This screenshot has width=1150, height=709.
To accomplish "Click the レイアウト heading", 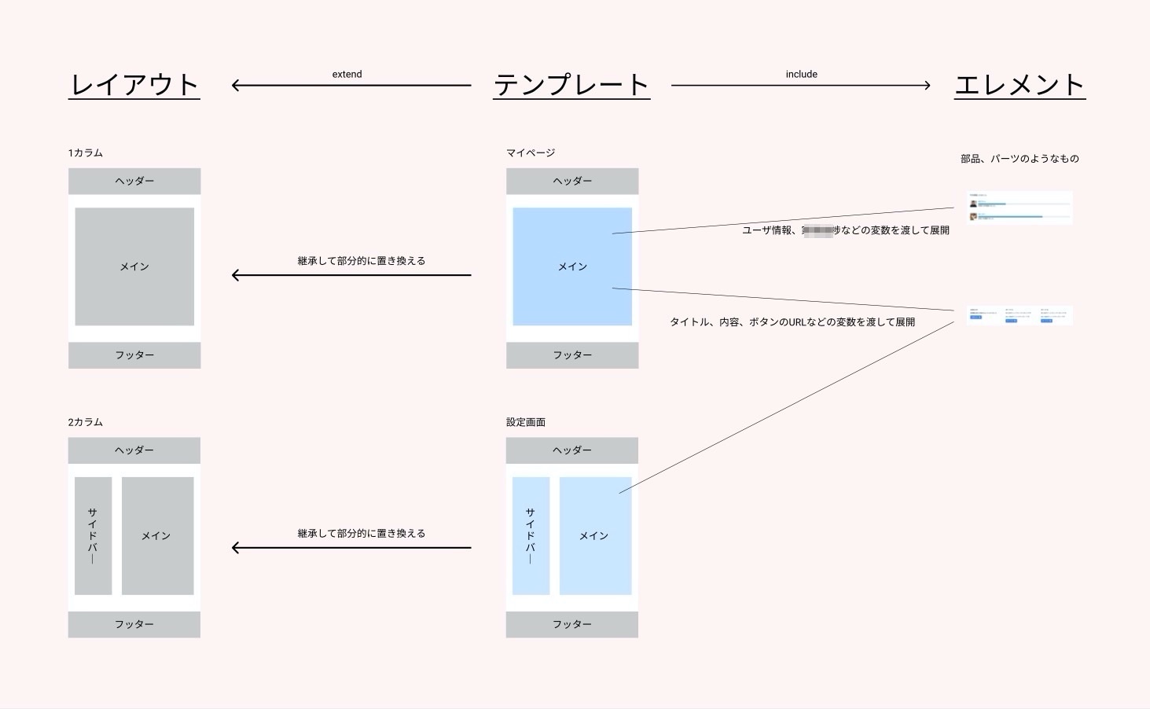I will coord(134,85).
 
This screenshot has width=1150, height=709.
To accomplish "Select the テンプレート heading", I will coord(571,85).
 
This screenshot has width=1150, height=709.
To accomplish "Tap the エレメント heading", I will coord(1020,85).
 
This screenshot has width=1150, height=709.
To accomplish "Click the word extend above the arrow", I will coord(347,75).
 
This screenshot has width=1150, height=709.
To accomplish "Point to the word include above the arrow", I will coord(801,75).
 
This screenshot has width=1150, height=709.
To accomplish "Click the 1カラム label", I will coord(86,152).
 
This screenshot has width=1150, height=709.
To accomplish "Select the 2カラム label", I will coord(86,422).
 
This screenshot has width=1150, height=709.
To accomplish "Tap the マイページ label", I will coord(531,152).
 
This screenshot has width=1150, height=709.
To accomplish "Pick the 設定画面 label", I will coord(526,422).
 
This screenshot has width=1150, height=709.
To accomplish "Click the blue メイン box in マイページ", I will coord(572,266).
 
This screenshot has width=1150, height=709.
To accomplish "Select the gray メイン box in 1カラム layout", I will coord(134,266).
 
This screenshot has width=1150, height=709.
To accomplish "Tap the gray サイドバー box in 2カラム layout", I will coord(93,535).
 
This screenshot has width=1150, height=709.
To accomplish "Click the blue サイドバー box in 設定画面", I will coord(531,535).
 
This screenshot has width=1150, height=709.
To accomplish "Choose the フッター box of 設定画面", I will coord(571,624).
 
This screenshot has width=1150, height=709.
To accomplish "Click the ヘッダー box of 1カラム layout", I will coord(134,181).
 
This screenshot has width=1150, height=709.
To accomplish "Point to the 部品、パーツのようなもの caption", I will coord(1020,159).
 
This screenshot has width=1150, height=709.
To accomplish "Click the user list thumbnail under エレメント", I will coord(1019,208).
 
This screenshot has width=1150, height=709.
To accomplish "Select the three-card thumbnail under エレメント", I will coord(1019,315).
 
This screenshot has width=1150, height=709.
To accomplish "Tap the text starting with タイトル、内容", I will coord(792,322).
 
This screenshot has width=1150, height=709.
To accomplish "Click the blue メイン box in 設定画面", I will coord(595,535).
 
